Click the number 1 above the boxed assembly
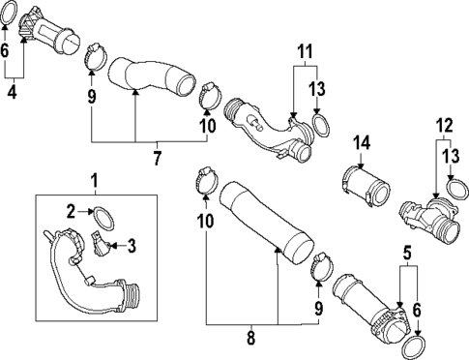95,181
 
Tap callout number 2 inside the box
72,212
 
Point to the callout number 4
12,92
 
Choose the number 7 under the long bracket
157,158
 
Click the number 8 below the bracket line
250,339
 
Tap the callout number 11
305,51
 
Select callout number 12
445,126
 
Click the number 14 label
362,143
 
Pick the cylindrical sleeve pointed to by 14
366,187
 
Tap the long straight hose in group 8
266,223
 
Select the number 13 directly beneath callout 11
317,89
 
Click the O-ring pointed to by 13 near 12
456,191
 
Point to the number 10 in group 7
208,126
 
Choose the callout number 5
407,254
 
